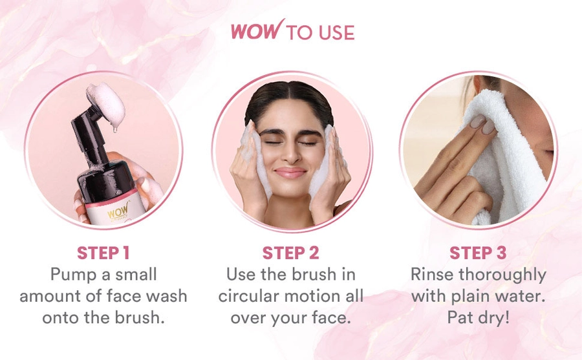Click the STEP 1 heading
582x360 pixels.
[x=103, y=253]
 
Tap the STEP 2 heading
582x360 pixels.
[x=290, y=253]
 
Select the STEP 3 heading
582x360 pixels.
[x=478, y=253]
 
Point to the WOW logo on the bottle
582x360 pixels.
[x=118, y=211]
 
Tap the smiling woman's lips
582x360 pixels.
[x=290, y=173]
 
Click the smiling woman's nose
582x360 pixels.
[x=290, y=153]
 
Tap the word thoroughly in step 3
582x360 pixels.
[x=502, y=275]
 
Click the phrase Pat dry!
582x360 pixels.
[x=478, y=318]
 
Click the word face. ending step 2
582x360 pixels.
[x=331, y=318]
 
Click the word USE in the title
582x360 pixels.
[x=336, y=33]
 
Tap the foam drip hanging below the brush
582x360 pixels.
[x=115, y=128]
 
